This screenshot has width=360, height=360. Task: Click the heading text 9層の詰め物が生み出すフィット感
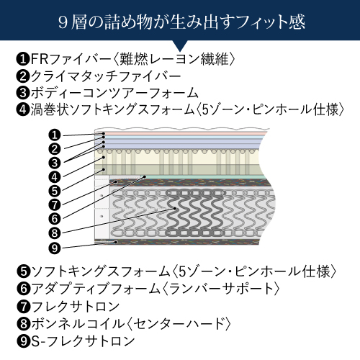181,22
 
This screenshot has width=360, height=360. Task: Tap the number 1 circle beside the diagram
55,135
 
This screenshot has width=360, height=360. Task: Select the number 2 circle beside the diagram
55,149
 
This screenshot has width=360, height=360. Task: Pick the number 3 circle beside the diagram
55,163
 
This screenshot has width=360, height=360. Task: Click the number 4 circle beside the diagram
55,177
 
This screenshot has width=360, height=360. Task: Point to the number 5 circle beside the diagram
55,191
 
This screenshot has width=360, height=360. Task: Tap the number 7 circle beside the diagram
55,204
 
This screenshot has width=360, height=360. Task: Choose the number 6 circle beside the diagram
55,219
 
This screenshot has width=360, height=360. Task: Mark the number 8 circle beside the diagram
55,233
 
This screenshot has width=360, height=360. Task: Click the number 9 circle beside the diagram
55,248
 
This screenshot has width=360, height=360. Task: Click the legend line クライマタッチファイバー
99,76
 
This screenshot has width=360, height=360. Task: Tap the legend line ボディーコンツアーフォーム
107,93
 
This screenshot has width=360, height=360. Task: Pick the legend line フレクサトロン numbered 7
68,307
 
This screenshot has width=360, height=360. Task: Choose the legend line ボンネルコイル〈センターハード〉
124,323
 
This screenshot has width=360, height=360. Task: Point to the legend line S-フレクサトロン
76,341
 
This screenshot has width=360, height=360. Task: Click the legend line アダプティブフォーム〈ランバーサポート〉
148,289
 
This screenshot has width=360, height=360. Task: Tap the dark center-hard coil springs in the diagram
196,212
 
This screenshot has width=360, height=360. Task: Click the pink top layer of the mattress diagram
185,133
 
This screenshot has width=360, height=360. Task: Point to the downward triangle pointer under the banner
180,45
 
